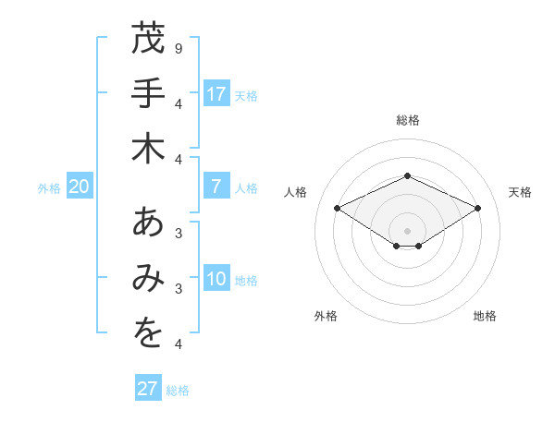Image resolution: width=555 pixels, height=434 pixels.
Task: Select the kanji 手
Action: (x=148, y=93)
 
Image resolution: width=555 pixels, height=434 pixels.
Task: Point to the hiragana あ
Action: (x=148, y=224)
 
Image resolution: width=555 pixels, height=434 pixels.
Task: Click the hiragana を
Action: (x=148, y=334)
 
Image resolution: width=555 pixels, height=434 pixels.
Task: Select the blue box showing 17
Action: (x=216, y=94)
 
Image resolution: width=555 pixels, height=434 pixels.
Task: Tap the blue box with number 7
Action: (x=216, y=187)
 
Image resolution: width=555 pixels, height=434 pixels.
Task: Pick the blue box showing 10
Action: (x=216, y=280)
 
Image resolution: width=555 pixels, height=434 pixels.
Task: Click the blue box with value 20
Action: (x=80, y=187)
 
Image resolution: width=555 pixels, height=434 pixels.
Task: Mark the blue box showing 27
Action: (x=148, y=389)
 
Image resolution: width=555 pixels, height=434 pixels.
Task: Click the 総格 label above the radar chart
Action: (x=407, y=120)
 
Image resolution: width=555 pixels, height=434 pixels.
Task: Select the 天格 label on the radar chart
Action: (x=520, y=192)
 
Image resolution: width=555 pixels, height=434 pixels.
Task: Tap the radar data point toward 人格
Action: (x=338, y=208)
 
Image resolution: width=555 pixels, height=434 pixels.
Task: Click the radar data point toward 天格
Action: (x=477, y=208)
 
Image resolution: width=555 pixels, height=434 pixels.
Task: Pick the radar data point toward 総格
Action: (x=407, y=175)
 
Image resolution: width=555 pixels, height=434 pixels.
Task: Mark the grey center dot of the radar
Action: (x=407, y=230)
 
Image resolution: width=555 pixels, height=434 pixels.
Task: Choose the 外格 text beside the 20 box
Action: (x=49, y=187)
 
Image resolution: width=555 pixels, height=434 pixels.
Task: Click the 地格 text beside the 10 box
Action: (x=247, y=281)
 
